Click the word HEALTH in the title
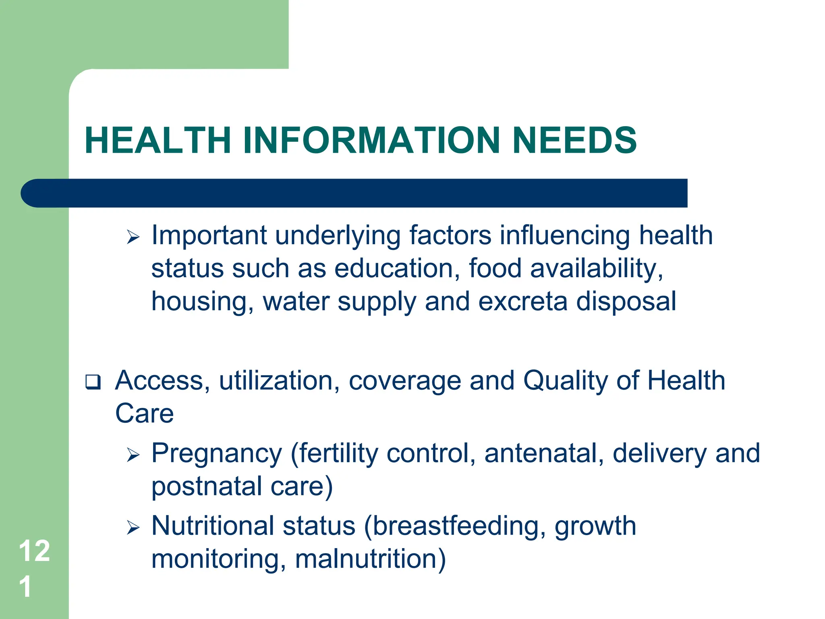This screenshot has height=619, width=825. pyautogui.click(x=158, y=140)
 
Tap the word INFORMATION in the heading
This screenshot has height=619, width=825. pyautogui.click(x=371, y=140)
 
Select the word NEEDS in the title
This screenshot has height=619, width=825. pyautogui.click(x=574, y=140)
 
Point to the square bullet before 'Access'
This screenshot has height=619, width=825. pyautogui.click(x=93, y=382)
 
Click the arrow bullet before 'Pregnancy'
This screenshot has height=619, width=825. pyautogui.click(x=133, y=455)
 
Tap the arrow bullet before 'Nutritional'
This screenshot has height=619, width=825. pyautogui.click(x=133, y=528)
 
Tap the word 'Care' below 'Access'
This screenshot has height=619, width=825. pyautogui.click(x=144, y=413)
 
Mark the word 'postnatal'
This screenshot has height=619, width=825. pyautogui.click(x=206, y=487)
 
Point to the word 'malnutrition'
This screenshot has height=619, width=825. pyautogui.click(x=370, y=559)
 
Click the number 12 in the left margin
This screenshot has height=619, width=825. pyautogui.click(x=34, y=551)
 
